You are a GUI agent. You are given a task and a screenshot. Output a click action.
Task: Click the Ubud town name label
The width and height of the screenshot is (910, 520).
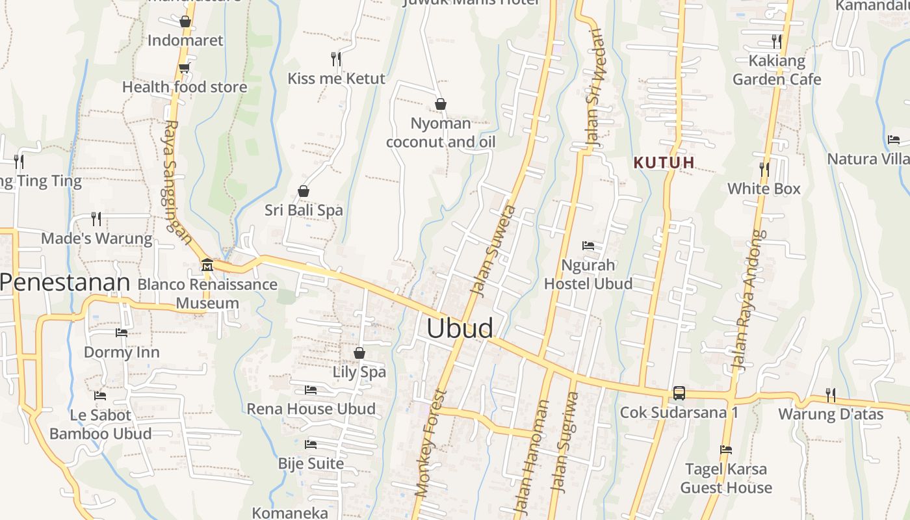460,328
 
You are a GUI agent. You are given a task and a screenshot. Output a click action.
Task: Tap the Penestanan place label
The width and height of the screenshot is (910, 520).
65,283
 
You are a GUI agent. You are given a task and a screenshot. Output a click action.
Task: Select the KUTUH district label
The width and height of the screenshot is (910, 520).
664,162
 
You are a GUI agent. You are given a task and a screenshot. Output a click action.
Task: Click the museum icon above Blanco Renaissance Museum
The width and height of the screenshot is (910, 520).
207,265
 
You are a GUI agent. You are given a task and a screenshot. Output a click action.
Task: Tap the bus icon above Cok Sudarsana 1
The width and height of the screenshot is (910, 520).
679,393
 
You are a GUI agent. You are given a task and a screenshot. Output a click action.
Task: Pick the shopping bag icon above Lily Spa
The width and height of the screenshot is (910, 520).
359,353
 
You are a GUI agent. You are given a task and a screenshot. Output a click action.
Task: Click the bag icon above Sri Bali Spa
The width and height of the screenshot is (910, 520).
303,191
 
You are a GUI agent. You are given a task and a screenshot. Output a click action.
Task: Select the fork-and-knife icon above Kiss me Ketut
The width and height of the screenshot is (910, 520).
336,59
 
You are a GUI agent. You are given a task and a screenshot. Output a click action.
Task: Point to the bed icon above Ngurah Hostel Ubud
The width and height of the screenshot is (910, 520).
588,246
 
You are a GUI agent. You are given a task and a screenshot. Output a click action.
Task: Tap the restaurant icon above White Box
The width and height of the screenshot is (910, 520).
764,170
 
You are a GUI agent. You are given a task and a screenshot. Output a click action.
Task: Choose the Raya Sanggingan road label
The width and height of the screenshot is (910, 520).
177,182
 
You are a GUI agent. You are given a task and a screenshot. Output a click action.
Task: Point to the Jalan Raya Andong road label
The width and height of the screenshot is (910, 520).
748,300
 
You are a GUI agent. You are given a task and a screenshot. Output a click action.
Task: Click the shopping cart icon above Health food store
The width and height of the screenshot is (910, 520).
184,68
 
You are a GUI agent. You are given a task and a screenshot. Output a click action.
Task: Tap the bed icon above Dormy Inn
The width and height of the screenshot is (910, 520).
122,333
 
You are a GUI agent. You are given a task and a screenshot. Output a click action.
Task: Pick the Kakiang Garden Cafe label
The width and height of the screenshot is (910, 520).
777,70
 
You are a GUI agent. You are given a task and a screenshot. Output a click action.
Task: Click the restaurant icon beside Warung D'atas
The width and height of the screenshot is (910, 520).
830,394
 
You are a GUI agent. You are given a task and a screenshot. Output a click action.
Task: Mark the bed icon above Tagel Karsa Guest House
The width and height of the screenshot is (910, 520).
726,450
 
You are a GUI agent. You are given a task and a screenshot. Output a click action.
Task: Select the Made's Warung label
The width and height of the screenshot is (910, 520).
96,239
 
